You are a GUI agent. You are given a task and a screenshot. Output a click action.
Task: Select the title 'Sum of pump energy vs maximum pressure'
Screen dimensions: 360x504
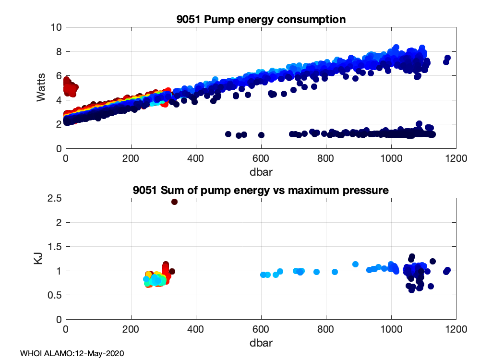coord(261,191)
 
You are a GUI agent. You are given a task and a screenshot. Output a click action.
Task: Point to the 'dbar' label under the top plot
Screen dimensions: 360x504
coord(261,170)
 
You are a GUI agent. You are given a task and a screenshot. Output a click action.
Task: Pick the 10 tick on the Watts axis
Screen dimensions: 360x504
coord(56,27)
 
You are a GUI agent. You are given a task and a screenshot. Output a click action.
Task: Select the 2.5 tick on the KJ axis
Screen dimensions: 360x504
coord(54,198)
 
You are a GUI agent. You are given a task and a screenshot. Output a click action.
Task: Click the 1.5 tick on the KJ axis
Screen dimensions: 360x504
coord(54,247)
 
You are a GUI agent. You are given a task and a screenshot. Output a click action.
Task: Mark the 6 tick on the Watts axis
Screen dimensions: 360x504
coord(58,76)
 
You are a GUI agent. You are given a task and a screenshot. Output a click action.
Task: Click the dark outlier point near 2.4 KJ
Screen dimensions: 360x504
coord(174,202)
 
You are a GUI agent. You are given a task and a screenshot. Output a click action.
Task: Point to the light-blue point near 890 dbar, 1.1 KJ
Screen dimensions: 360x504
coord(356,264)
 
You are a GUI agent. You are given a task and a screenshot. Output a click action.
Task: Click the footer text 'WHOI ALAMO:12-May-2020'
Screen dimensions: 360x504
coord(72,353)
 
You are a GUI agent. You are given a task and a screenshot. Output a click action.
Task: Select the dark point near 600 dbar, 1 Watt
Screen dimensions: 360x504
coord(261,135)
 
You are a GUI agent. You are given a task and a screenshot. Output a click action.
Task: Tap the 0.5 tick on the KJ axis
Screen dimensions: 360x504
coord(54,295)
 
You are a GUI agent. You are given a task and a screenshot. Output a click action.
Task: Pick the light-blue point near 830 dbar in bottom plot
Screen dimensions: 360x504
coord(335,272)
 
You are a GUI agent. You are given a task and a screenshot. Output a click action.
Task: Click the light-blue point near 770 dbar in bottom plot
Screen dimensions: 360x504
coord(317,272)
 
